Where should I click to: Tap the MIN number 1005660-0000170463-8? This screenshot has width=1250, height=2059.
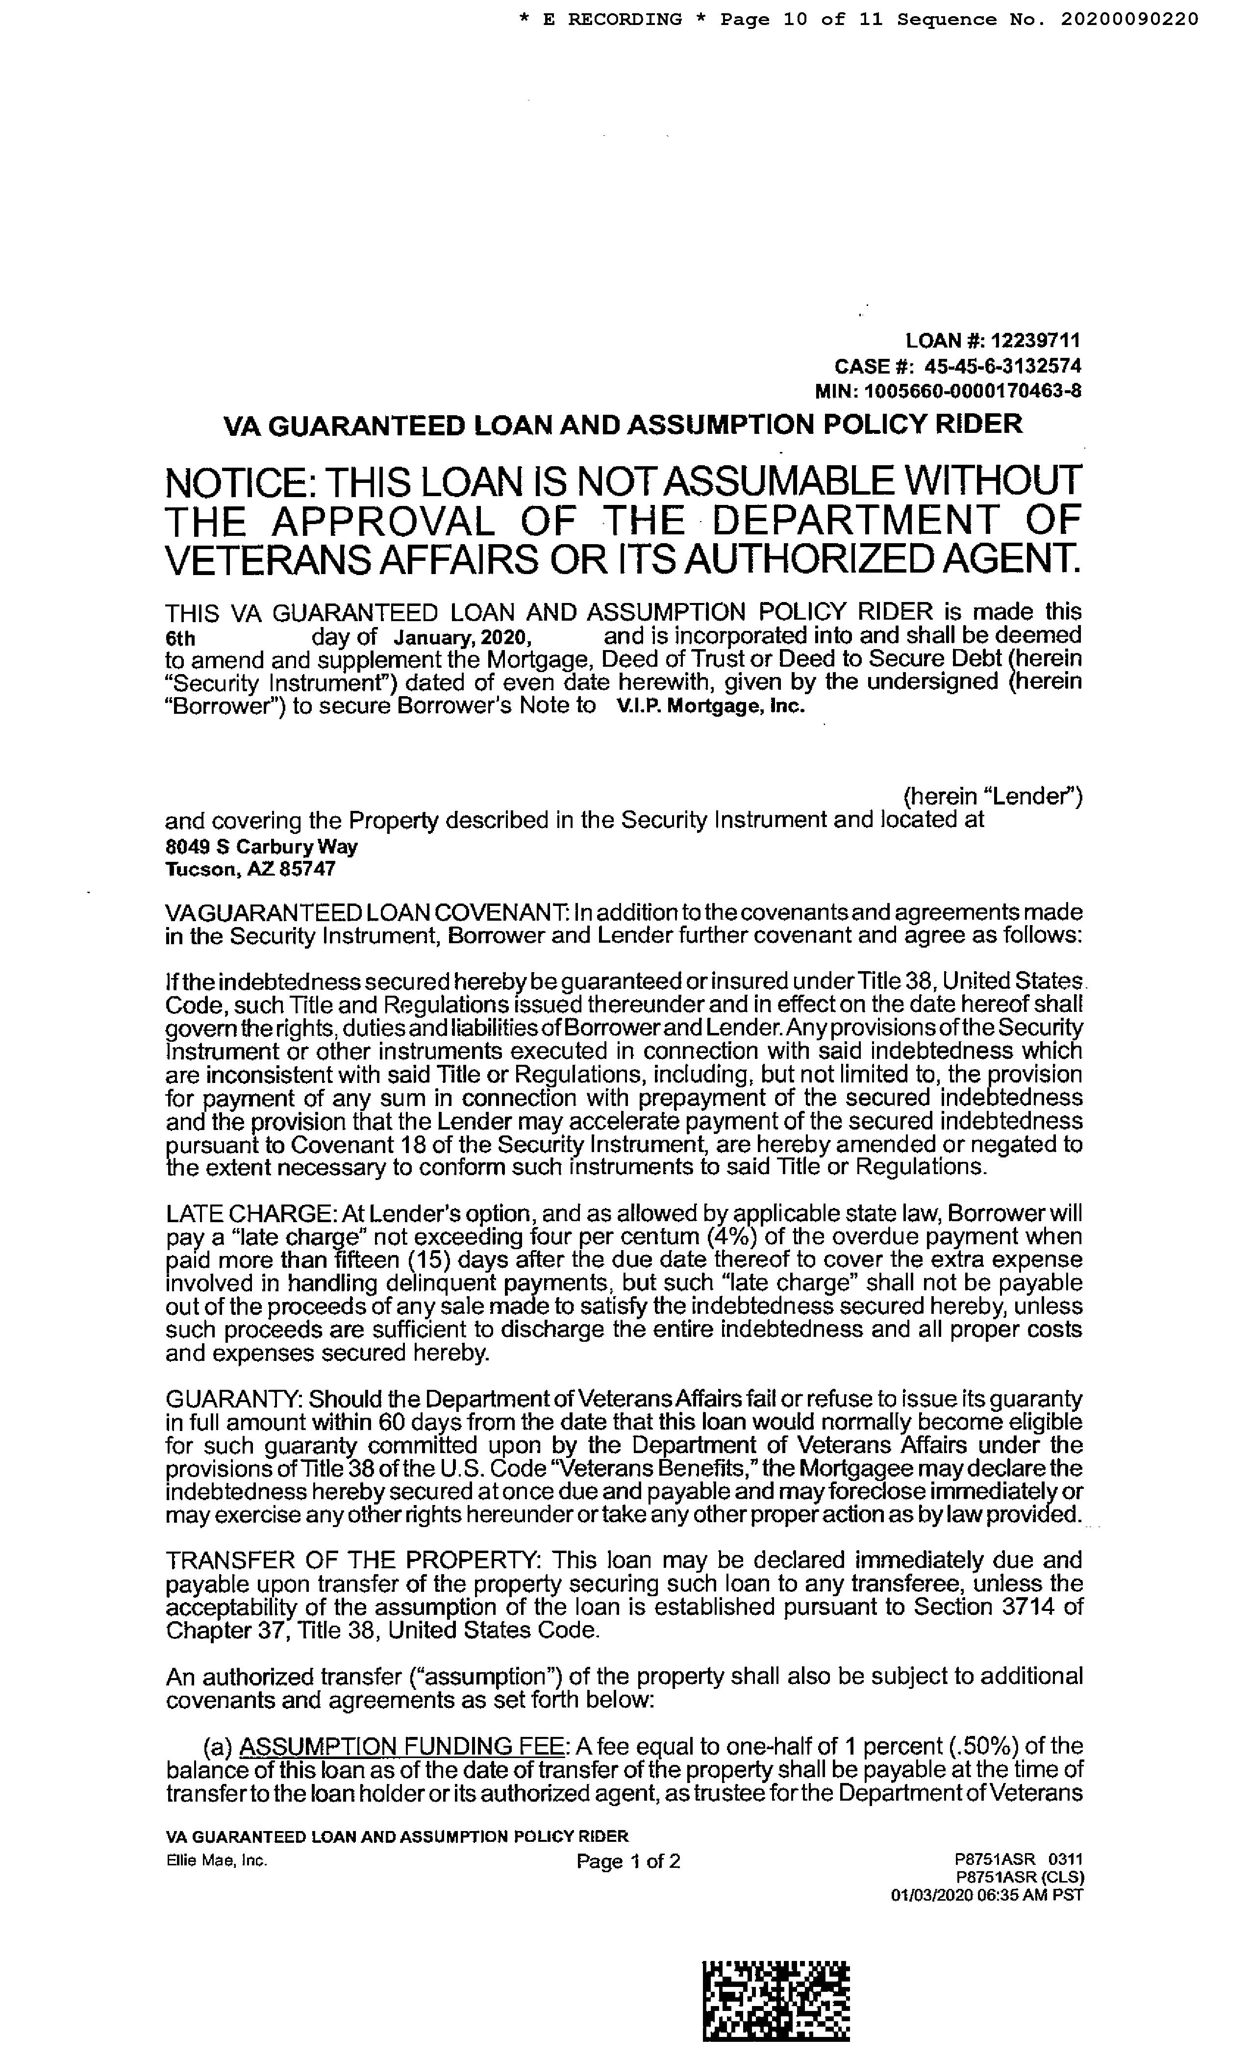tap(974, 390)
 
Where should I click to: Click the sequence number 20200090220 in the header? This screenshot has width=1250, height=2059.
tap(1130, 19)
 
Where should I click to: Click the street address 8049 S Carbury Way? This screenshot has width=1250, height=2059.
tap(262, 847)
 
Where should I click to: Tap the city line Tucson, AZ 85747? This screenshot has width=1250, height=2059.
tap(250, 869)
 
